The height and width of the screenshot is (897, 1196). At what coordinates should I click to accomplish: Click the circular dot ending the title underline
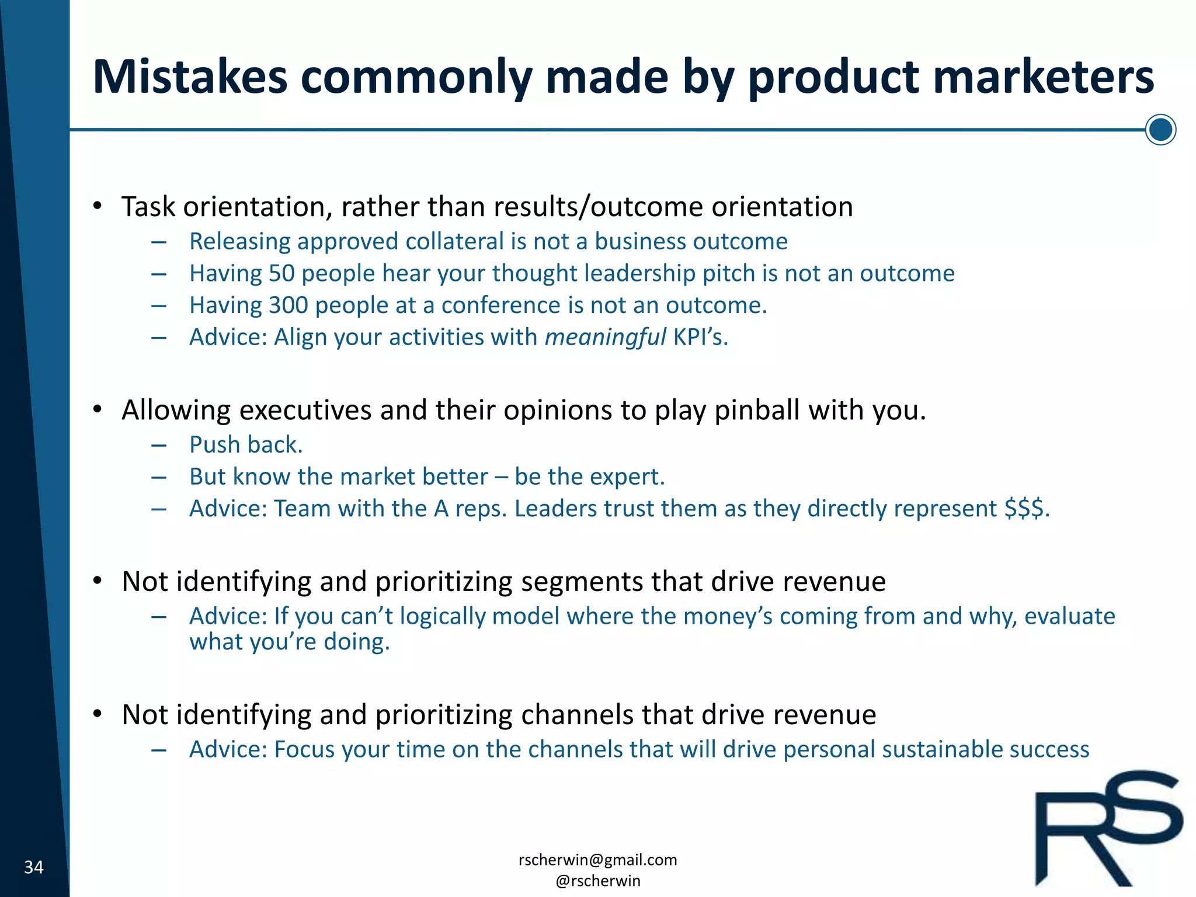pyautogui.click(x=1160, y=130)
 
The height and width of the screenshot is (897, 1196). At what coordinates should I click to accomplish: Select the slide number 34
pyautogui.click(x=34, y=867)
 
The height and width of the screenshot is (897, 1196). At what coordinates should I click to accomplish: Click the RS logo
pyautogui.click(x=1108, y=828)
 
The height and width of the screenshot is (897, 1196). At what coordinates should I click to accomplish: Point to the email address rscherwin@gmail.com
pyautogui.click(x=597, y=860)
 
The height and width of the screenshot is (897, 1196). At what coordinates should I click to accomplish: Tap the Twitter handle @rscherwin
pyautogui.click(x=597, y=881)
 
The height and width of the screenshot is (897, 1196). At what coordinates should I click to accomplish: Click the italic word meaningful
pyautogui.click(x=605, y=338)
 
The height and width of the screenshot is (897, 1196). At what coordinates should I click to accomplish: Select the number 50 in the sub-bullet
pyautogui.click(x=281, y=273)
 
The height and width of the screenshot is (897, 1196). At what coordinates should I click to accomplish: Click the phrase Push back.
pyautogui.click(x=246, y=445)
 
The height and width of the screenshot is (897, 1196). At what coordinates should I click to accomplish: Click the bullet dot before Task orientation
pyautogui.click(x=98, y=206)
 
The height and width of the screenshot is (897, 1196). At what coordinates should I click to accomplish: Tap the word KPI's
pyautogui.click(x=699, y=338)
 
